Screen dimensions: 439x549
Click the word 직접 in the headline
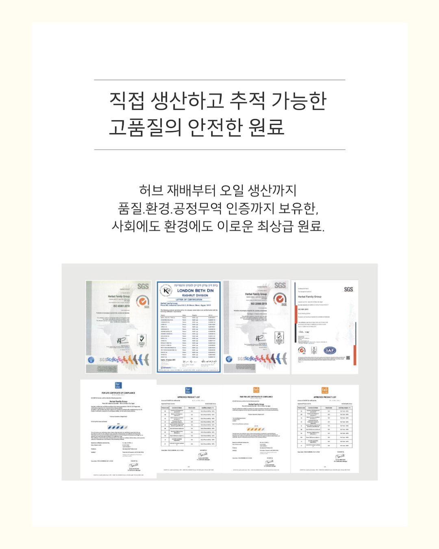[x=127, y=100]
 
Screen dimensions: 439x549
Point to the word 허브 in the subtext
[x=151, y=190]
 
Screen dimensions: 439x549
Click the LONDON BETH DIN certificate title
[x=195, y=291]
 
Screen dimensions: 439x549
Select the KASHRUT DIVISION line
[x=195, y=296]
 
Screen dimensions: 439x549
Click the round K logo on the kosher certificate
[x=166, y=291]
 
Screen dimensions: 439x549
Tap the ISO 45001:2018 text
[x=121, y=306]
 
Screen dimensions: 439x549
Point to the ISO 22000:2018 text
[x=259, y=304]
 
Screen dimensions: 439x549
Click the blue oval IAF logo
[x=330, y=350]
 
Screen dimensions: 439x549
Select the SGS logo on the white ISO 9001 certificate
[x=348, y=290]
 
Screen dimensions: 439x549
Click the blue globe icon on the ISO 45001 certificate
[x=91, y=359]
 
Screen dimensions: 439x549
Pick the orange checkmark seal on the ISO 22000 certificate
[x=279, y=299]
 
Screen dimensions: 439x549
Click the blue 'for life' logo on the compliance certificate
[x=118, y=385]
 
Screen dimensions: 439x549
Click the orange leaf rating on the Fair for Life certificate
[x=256, y=429]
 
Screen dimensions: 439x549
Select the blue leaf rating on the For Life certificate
[x=117, y=427]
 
